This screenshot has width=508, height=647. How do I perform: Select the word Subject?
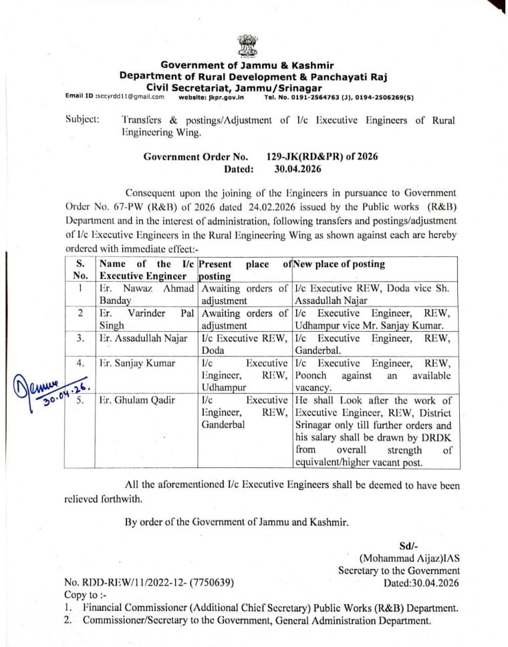pos(82,120)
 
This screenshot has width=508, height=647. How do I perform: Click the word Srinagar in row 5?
pos(315,425)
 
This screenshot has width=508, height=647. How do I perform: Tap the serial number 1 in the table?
pos(80,288)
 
